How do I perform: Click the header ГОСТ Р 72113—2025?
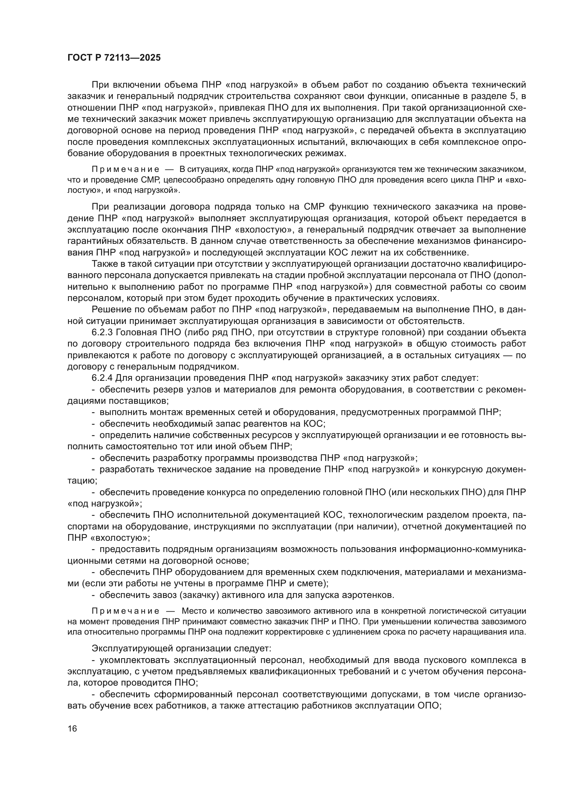pos(114,58)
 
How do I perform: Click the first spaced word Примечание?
pos(125,170)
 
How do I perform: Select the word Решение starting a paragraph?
pos(109,310)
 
